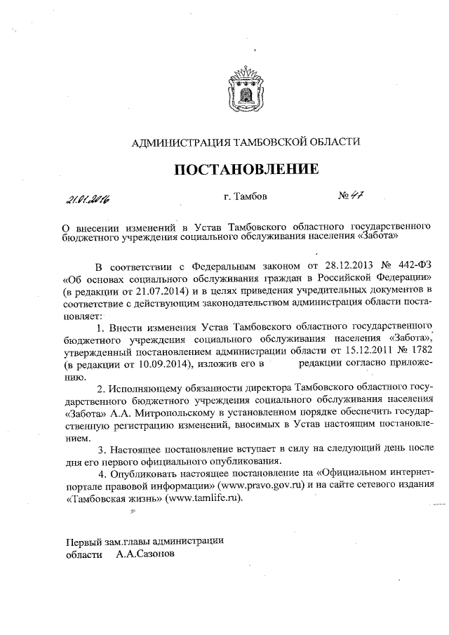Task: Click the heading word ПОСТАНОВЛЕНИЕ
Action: (x=246, y=169)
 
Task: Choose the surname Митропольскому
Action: (x=189, y=413)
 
